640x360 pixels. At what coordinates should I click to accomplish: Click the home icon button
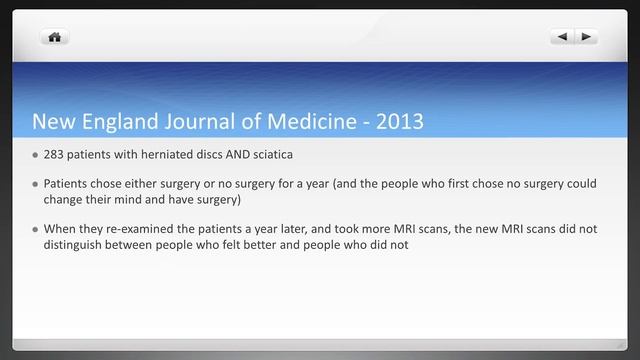[x=54, y=37]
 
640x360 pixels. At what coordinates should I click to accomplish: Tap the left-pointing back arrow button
[x=562, y=37]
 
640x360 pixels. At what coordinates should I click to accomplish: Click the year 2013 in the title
[x=397, y=122]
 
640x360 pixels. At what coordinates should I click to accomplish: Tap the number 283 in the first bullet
[x=54, y=156]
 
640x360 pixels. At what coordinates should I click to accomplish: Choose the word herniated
[x=164, y=156]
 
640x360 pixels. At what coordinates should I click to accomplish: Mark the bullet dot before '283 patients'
[x=35, y=156]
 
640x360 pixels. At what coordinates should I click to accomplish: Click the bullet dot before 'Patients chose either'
[x=35, y=184]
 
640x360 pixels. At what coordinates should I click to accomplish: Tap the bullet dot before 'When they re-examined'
[x=35, y=229]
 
